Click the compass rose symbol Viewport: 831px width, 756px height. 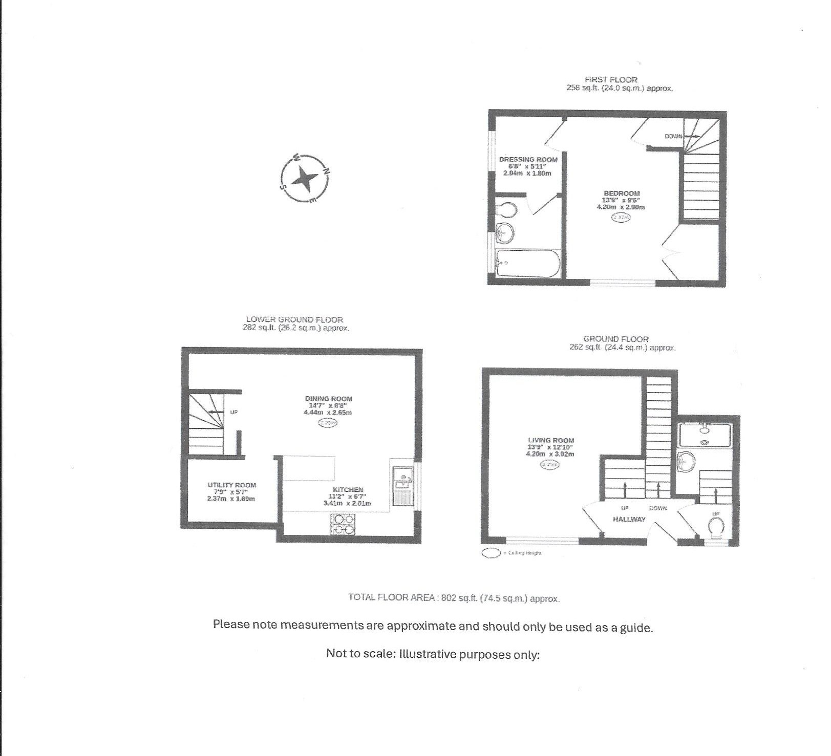(305, 179)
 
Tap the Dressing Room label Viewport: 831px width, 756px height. (528, 160)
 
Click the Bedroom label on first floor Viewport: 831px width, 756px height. (621, 193)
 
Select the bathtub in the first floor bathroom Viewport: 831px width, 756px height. (527, 263)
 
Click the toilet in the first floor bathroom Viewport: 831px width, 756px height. (506, 210)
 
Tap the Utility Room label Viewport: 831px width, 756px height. (231, 485)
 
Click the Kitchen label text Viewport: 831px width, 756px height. (348, 490)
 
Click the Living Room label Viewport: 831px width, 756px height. (550, 440)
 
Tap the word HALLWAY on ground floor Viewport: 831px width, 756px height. (629, 519)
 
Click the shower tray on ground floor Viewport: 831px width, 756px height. (705, 435)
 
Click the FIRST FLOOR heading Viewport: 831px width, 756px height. (611, 80)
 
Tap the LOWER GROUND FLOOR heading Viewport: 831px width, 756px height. (294, 319)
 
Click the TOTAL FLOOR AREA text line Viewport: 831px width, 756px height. (454, 597)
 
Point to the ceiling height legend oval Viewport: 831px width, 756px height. (491, 553)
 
